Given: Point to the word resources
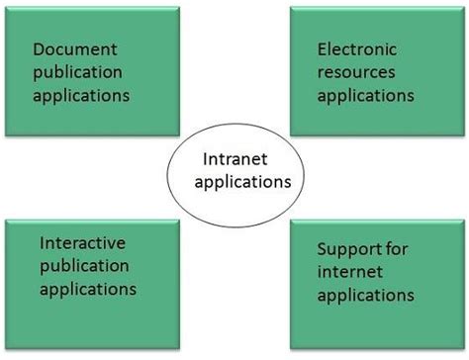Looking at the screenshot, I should pos(355,72).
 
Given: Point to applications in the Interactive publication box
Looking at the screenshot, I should pos(87,289).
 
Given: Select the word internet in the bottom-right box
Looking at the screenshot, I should pos(348,272).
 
